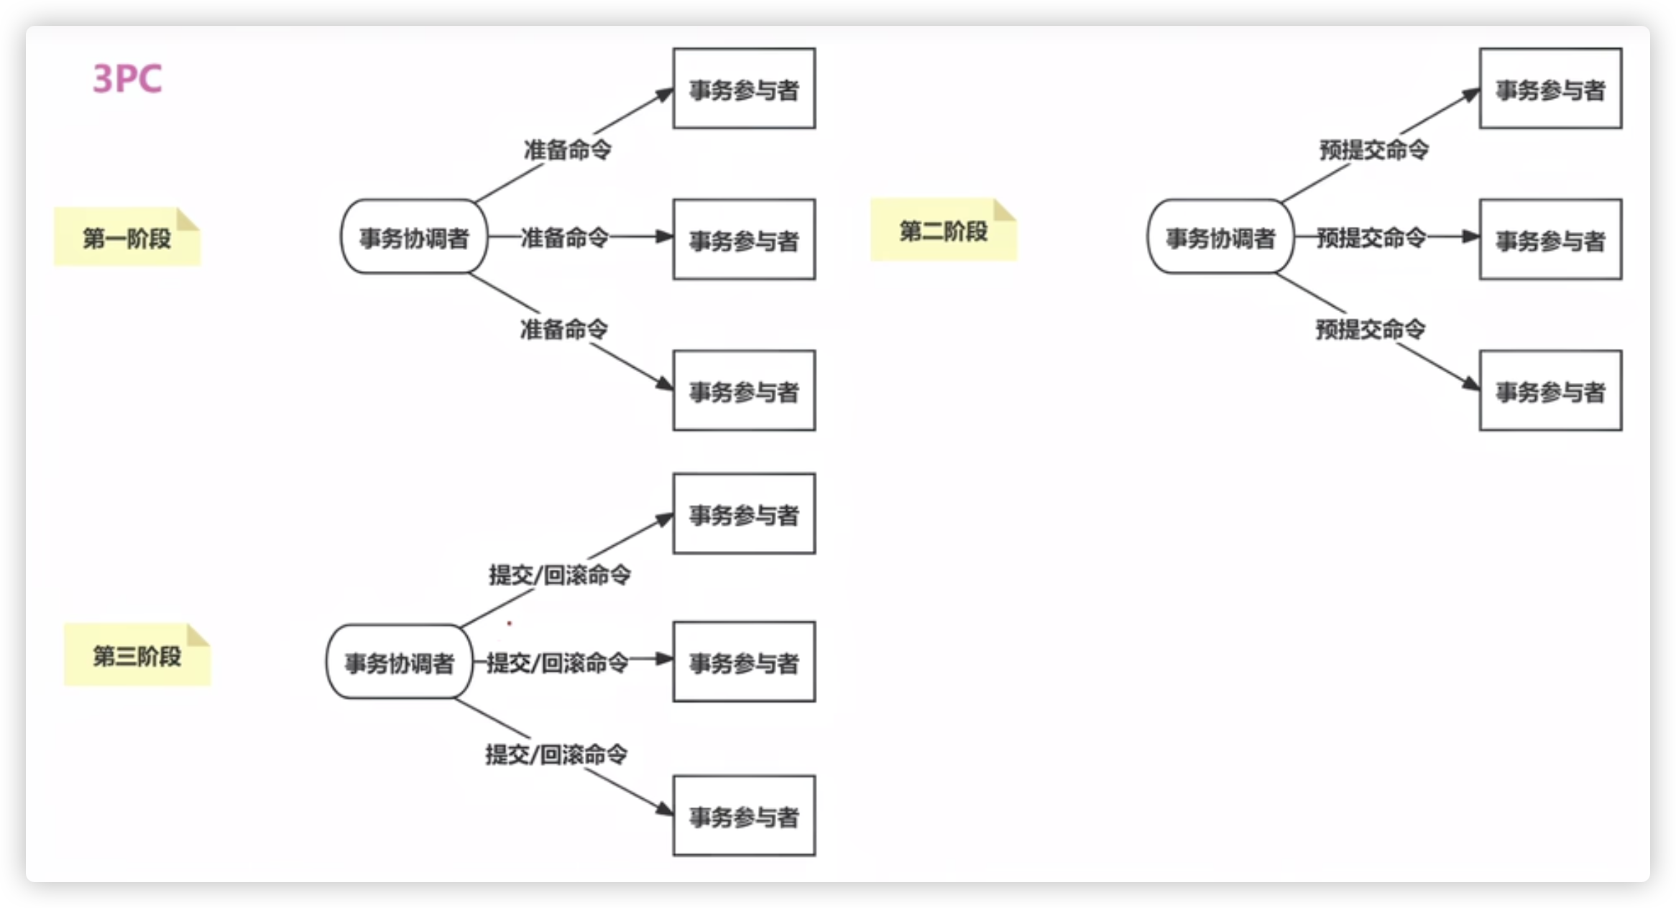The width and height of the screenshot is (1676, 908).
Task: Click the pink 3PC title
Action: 127,78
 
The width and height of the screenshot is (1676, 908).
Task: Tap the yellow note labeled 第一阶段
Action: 127,238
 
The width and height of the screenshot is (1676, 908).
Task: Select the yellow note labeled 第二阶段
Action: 944,231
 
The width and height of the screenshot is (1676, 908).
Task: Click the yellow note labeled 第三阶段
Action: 137,655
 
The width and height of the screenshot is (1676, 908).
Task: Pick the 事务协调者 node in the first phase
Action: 414,237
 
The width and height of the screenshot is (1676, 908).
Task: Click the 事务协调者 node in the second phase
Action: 1220,237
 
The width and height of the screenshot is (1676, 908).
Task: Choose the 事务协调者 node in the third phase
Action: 400,662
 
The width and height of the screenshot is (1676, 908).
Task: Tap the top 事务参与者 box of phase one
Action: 744,89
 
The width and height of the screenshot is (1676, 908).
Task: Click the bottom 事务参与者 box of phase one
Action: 744,391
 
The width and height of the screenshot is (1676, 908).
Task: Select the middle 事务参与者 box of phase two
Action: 1550,240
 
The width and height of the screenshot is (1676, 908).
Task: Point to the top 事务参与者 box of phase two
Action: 1550,89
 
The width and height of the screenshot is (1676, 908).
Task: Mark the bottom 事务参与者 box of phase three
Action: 744,816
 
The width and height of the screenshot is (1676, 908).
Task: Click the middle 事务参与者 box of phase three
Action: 744,662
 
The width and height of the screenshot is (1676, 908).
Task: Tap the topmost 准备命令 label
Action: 568,149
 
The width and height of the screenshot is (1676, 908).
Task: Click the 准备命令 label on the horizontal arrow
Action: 565,237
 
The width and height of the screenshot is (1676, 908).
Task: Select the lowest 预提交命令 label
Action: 1371,329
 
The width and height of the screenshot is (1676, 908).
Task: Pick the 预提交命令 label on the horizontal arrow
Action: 1371,237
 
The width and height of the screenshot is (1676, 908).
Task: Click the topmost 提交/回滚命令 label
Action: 560,575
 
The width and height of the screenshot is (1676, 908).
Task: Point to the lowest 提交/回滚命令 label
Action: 556,754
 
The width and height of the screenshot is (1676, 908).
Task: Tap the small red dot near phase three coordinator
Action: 510,624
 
